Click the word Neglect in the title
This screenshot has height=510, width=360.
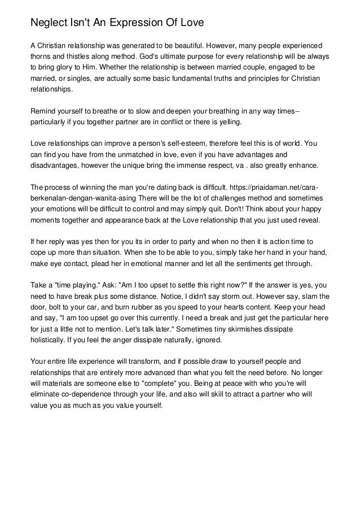[49, 23]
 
